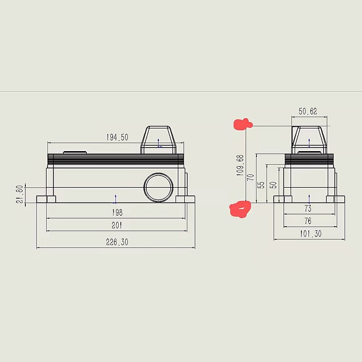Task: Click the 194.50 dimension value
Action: pos(117,138)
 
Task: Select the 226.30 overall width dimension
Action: pos(117,242)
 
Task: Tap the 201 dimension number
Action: pos(117,225)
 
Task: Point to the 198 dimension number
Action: pos(117,212)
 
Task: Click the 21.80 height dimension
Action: pos(20,194)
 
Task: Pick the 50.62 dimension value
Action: pos(308,111)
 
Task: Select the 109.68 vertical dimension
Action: pos(240,165)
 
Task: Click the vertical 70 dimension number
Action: pos(251,177)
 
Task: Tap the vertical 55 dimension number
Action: pos(261,185)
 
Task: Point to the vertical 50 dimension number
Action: pos(273,185)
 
